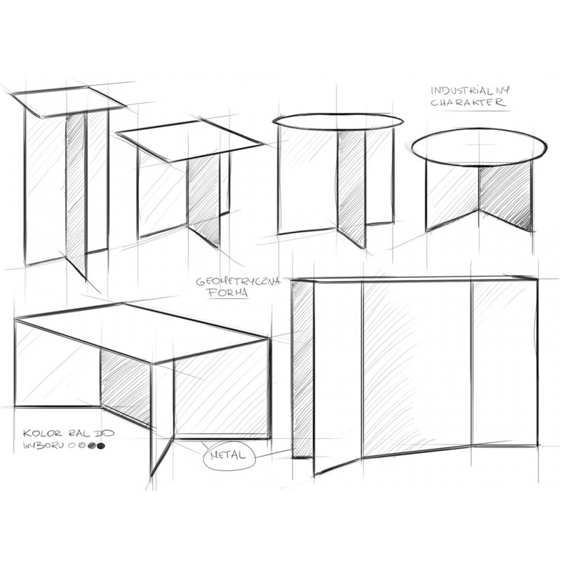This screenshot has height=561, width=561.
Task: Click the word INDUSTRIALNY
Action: click(x=470, y=90)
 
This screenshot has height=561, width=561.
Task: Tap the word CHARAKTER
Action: click(x=468, y=102)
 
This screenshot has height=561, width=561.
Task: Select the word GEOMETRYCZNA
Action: click(x=238, y=282)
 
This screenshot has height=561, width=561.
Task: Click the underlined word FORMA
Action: click(x=227, y=293)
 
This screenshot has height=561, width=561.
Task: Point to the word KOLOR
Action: click(x=43, y=433)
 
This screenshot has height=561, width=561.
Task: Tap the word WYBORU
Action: click(x=43, y=446)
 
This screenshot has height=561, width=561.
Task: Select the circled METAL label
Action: click(x=229, y=455)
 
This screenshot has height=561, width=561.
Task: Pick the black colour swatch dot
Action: click(x=101, y=446)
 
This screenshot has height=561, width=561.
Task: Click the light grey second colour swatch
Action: click(x=82, y=446)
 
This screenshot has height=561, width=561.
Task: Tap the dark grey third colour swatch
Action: click(x=92, y=446)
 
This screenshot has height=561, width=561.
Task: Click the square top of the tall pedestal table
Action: click(x=69, y=101)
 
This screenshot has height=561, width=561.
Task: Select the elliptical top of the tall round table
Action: click(x=338, y=121)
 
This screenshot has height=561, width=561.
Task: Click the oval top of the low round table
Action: click(x=480, y=147)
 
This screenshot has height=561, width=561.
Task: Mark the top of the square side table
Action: click(x=190, y=140)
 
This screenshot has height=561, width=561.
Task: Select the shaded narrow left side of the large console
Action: click(x=303, y=369)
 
